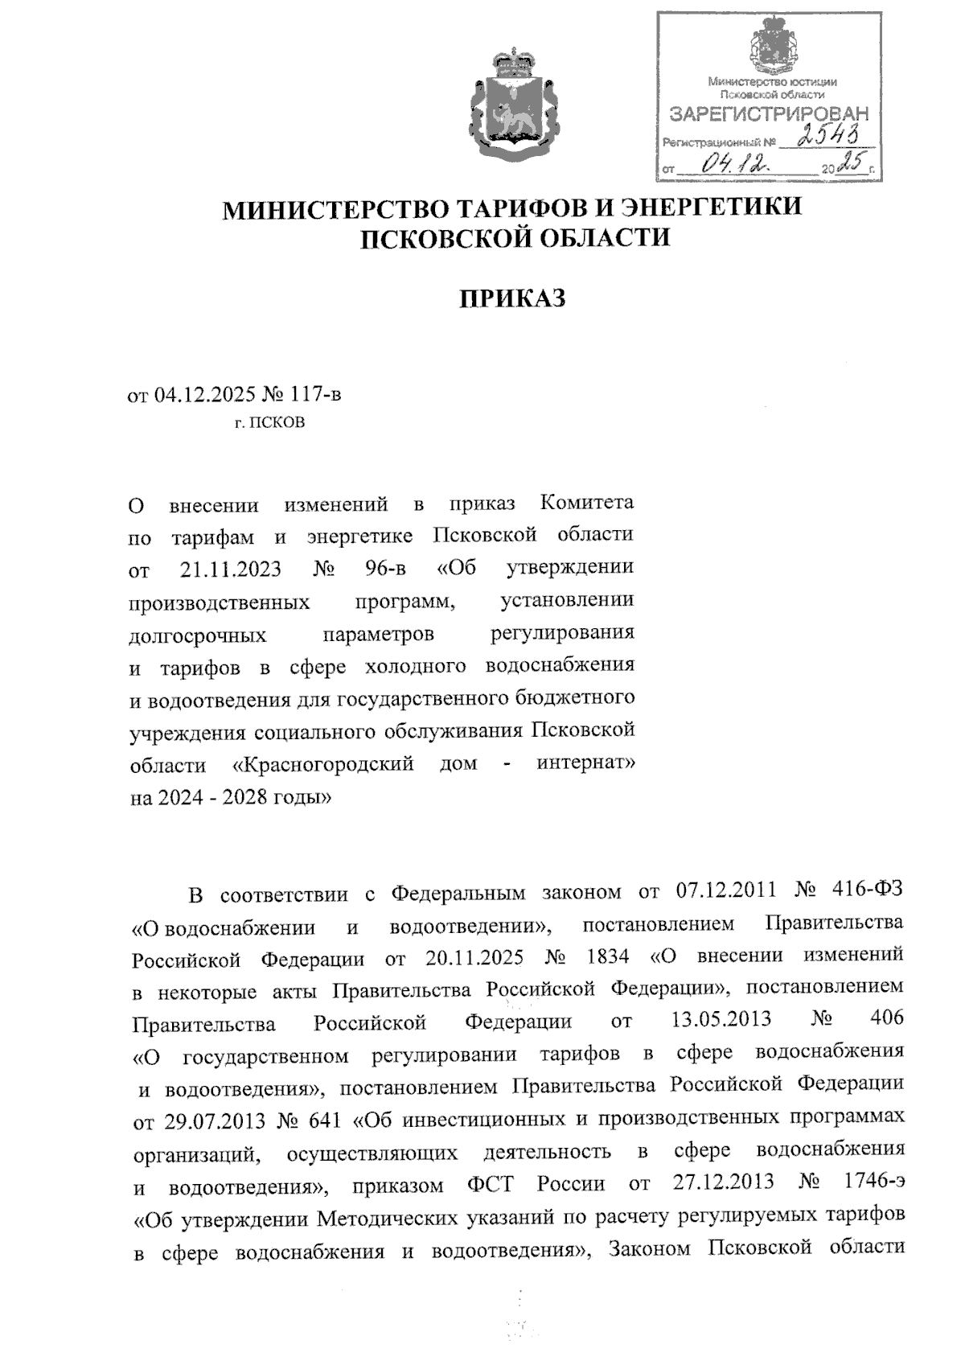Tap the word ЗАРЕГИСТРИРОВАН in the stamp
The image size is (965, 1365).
tap(770, 114)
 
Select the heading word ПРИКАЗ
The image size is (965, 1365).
tap(513, 298)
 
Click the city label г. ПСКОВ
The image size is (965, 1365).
tap(269, 422)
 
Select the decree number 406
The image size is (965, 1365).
tap(886, 1019)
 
